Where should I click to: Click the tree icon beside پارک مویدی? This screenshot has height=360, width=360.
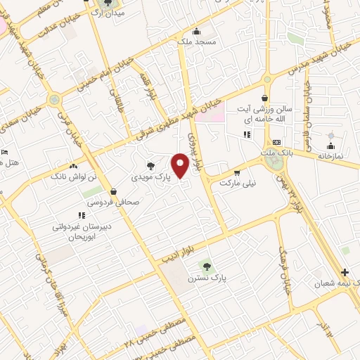(151, 167)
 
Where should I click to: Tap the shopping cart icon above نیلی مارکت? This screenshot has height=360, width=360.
(237, 172)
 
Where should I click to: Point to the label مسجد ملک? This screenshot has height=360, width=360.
(195, 42)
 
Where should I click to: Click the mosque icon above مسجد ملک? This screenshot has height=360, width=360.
(195, 31)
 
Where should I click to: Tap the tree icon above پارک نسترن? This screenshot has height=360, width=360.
(206, 266)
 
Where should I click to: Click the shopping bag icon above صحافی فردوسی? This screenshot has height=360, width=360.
(112, 191)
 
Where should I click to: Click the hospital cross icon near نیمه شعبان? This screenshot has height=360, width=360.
(345, 272)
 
